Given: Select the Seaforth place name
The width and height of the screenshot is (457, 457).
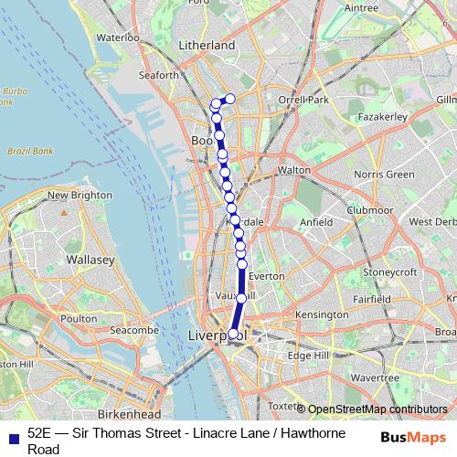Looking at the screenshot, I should click(x=154, y=76).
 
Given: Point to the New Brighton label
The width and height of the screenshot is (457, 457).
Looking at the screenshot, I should click(x=80, y=195).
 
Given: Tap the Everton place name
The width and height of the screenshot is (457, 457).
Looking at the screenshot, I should click(x=266, y=275).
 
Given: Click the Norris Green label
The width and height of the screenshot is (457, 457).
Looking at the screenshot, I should click(x=384, y=174).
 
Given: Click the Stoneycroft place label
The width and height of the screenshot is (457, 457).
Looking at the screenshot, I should click(x=390, y=272).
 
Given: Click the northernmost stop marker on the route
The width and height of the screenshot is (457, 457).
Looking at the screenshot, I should click(x=230, y=99).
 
